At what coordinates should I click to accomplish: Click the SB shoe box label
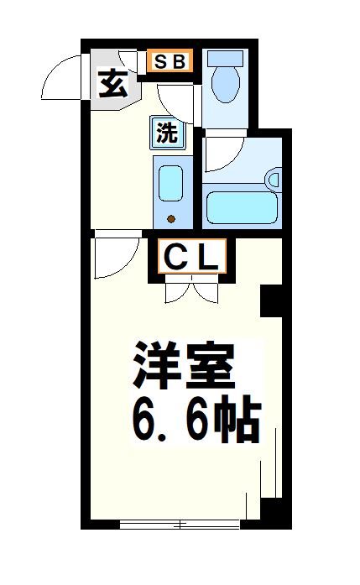pos(170,61)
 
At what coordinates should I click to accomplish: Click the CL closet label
pos(190,258)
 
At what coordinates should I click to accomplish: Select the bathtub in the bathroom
pos(242,206)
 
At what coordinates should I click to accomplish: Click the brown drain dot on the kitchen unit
pos(171,220)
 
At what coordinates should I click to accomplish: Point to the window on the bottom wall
pos(180,525)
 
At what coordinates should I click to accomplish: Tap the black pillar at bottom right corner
pos(272,512)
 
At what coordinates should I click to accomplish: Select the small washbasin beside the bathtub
pos(272,179)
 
